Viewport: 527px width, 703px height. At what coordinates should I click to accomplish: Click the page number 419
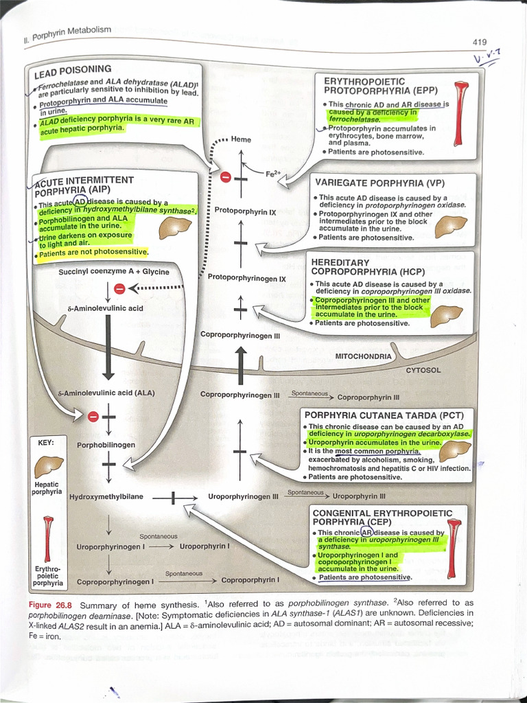[479, 43]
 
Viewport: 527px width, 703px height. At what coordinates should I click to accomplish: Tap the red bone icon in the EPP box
[462, 114]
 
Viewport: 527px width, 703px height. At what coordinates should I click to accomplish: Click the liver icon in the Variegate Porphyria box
[451, 225]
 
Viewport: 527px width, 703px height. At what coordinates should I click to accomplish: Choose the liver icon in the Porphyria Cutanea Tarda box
[454, 451]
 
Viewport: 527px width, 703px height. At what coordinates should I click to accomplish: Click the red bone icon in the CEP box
[454, 549]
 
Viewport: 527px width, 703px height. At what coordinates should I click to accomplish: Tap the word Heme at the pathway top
[241, 139]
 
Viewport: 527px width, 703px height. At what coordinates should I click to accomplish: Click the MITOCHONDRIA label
[363, 356]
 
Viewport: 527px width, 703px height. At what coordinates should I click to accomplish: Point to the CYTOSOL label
[423, 370]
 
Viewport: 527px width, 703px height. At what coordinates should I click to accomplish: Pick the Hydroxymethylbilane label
[106, 496]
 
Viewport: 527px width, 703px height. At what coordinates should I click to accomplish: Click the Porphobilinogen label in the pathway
[106, 445]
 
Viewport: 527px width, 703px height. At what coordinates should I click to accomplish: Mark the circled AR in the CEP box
[368, 532]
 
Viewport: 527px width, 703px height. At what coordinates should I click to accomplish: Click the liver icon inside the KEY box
[49, 468]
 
